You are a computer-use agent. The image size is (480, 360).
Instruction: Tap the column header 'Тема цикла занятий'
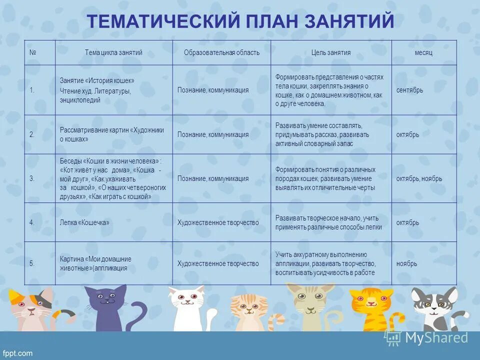[x=113, y=52]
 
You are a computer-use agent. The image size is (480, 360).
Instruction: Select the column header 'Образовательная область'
[x=221, y=52]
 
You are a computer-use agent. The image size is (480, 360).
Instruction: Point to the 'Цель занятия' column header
[x=330, y=52]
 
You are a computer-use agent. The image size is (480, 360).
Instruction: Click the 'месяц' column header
[x=423, y=52]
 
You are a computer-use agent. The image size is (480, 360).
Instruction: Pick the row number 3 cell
[x=32, y=178]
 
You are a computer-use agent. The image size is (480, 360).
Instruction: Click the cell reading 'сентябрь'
[x=409, y=90]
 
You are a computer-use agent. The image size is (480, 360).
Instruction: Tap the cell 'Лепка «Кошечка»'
[x=84, y=222]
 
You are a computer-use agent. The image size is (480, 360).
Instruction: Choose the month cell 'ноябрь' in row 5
[x=406, y=263]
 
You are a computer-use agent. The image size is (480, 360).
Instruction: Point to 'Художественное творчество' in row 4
[x=218, y=222]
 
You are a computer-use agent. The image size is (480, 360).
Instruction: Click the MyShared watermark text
[x=436, y=338]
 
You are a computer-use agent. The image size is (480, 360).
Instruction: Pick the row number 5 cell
[x=32, y=263]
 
